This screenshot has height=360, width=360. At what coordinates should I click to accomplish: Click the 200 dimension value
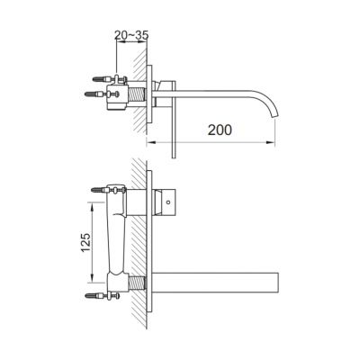tap(220, 130)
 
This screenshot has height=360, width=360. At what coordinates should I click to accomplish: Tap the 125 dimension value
tap(85, 242)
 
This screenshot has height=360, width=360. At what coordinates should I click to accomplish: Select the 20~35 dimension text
tap(131, 35)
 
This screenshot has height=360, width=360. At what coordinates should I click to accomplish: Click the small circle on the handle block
tap(168, 202)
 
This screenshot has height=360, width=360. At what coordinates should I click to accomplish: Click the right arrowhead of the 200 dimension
tap(272, 141)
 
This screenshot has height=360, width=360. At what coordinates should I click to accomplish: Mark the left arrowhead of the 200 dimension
tap(150, 141)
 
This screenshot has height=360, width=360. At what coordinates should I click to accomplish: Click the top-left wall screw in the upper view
tap(101, 79)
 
